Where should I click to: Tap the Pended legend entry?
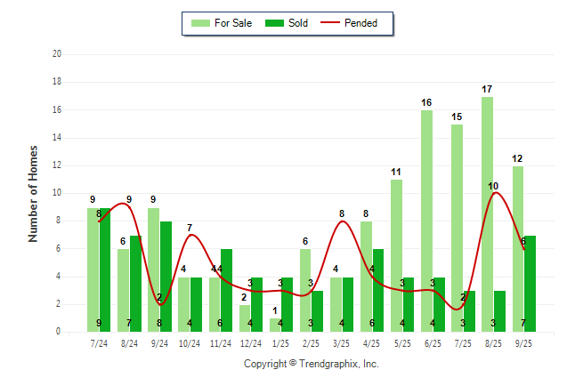coord(354,23)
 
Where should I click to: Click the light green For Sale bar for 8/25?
coord(488,213)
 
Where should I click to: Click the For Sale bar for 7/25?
coord(458,227)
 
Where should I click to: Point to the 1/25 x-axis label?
coord(281,342)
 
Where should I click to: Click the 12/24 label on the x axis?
coord(251,342)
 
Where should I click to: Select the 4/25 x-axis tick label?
coord(372,342)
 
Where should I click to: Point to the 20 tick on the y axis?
coord(57,54)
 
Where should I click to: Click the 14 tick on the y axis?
coord(57,137)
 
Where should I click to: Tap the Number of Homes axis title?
coord(34,193)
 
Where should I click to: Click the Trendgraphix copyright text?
coord(312,364)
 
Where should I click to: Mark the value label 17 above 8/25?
coord(487,90)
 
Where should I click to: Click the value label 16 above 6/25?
coord(426,103)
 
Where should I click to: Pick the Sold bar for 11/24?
coord(226,290)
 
